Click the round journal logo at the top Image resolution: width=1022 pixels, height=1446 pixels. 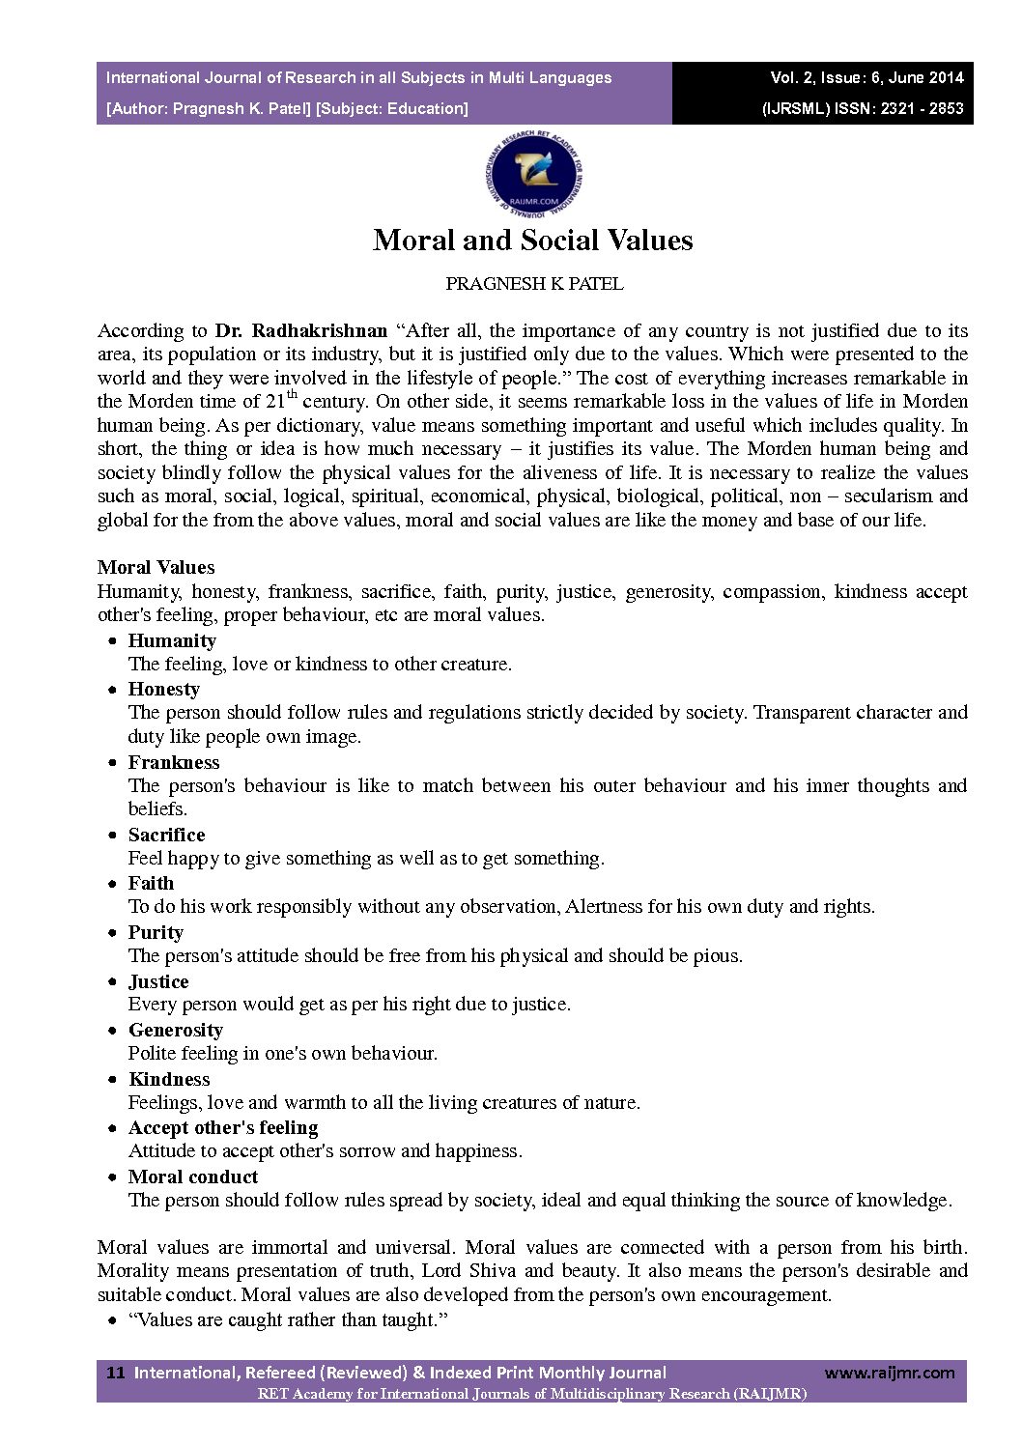click(x=533, y=176)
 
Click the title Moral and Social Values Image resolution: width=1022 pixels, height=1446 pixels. click(x=532, y=241)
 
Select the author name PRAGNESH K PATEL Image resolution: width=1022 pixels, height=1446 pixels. click(x=534, y=284)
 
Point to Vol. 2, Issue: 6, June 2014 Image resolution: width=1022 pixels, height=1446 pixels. click(x=866, y=78)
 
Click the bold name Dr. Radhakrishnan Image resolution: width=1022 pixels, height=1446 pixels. click(x=300, y=331)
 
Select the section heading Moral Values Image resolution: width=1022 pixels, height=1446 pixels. click(x=156, y=568)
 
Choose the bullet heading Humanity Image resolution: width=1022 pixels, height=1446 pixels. click(x=172, y=641)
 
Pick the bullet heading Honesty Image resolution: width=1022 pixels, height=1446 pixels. click(x=163, y=690)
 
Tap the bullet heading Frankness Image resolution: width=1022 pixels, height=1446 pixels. click(x=174, y=763)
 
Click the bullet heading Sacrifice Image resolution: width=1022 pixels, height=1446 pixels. click(x=166, y=836)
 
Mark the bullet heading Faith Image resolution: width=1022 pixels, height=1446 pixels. click(x=151, y=884)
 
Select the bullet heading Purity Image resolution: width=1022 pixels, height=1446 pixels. click(x=156, y=933)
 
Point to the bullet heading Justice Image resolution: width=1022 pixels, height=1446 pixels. click(x=158, y=982)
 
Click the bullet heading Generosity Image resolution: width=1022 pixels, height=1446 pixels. click(x=175, y=1031)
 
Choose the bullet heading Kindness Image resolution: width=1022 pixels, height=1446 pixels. click(x=168, y=1080)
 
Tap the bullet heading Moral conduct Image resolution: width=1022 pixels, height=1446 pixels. click(x=193, y=1177)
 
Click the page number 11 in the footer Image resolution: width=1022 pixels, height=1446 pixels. click(x=115, y=1373)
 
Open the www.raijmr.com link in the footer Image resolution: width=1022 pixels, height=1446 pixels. click(x=889, y=1373)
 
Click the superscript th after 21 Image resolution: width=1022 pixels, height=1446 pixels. click(x=292, y=394)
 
